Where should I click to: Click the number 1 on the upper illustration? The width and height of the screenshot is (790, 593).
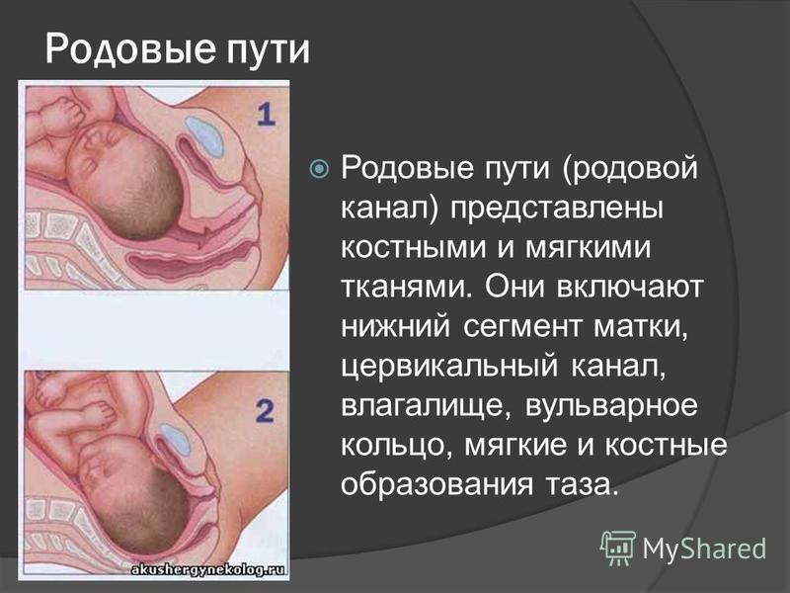point(266,114)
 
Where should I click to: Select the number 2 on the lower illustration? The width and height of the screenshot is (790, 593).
point(265,411)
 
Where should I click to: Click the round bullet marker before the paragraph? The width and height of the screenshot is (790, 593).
point(319,168)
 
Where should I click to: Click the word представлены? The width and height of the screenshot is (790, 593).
point(557,210)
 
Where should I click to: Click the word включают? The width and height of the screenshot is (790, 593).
point(630,288)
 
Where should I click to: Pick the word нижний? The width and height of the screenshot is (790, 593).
point(396,327)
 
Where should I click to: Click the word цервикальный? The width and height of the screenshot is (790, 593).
point(450,367)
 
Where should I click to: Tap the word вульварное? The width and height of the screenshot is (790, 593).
point(611,407)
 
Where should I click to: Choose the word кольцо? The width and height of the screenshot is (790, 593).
point(397,446)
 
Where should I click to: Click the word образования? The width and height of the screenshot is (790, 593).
point(436,485)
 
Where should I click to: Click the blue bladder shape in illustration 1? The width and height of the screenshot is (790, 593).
point(204,136)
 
